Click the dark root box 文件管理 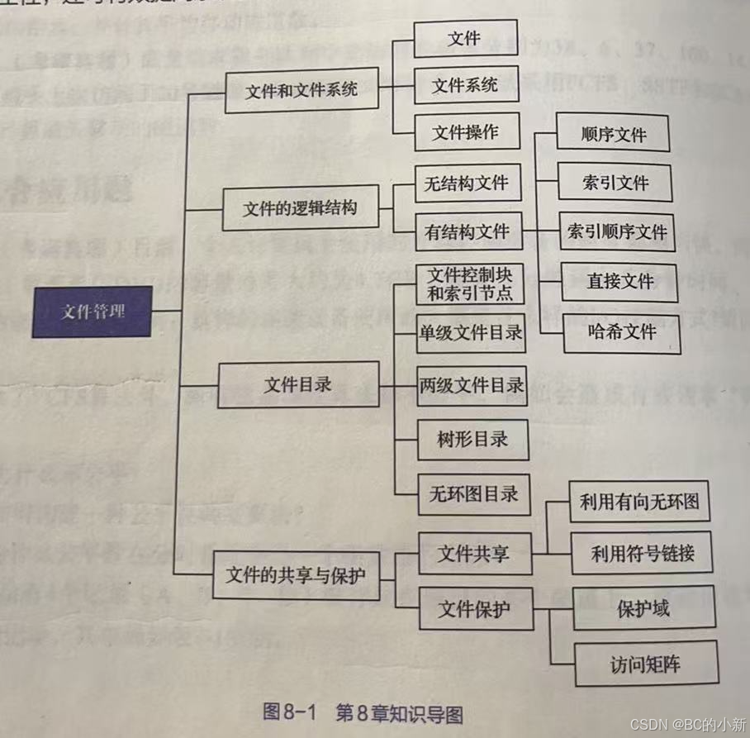coord(92,312)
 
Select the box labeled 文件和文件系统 coord(301,90)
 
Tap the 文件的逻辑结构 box coord(300,208)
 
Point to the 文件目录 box coord(297,384)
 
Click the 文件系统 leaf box coord(465,85)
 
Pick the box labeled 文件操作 coord(465,132)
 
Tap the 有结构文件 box coord(468,232)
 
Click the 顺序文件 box coord(613,134)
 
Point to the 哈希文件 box coord(621,332)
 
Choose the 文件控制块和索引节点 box coord(470,283)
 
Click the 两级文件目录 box coord(471,384)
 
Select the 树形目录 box coord(472,439)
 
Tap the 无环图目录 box coord(472,494)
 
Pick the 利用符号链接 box coord(641,553)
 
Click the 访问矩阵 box coord(646,664)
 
